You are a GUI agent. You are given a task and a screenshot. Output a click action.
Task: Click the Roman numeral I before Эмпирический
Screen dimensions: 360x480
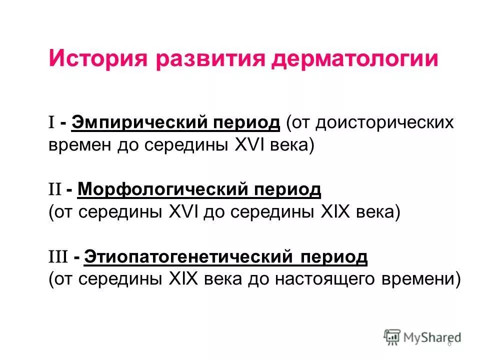point(51,122)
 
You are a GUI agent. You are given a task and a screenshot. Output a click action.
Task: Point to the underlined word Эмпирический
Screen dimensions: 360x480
point(139,122)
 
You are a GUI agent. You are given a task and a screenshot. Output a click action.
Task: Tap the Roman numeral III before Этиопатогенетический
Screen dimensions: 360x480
point(57,257)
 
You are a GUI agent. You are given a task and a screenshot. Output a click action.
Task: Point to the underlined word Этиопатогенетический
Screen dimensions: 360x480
point(187,257)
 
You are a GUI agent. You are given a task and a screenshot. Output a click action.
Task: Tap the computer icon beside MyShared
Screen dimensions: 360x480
point(392,337)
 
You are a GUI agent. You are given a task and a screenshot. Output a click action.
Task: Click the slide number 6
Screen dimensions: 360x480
point(449,343)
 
